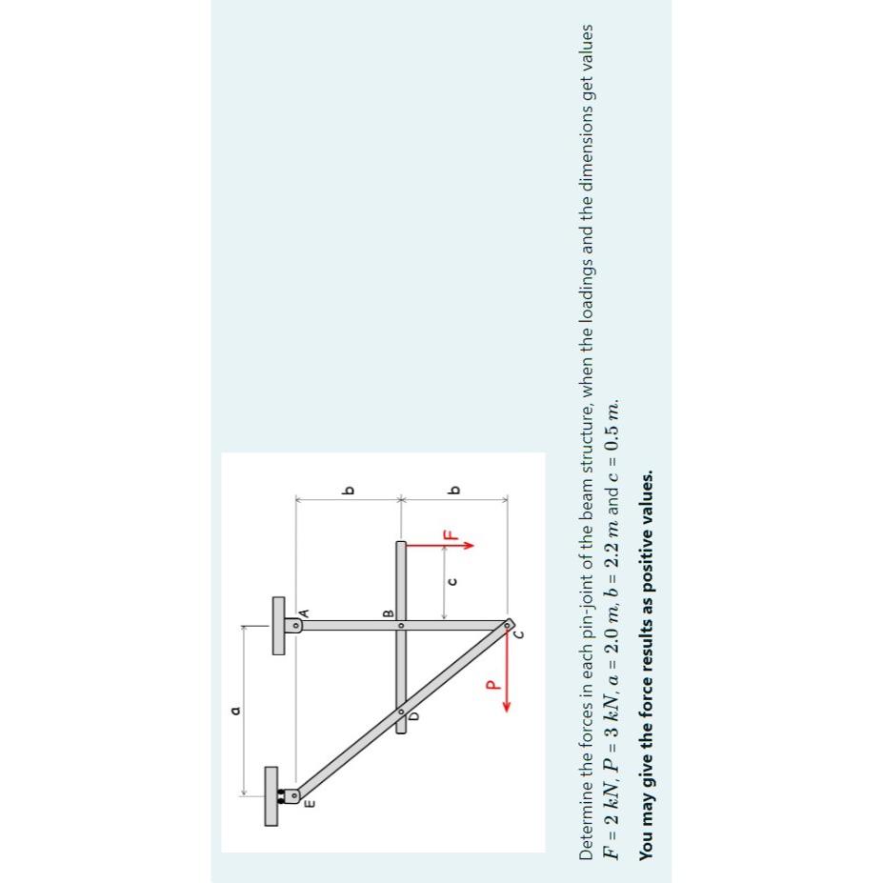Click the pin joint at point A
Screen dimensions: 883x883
pyautogui.click(x=296, y=625)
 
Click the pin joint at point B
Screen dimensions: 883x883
pyautogui.click(x=401, y=625)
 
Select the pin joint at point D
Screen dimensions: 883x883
pyautogui.click(x=401, y=711)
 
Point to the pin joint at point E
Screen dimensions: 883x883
pyautogui.click(x=296, y=794)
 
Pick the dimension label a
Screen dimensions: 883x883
pyautogui.click(x=231, y=710)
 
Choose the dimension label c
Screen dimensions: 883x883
pyautogui.click(x=453, y=580)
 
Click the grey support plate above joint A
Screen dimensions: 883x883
pyautogui.click(x=278, y=625)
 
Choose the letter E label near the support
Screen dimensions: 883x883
pyautogui.click(x=309, y=806)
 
